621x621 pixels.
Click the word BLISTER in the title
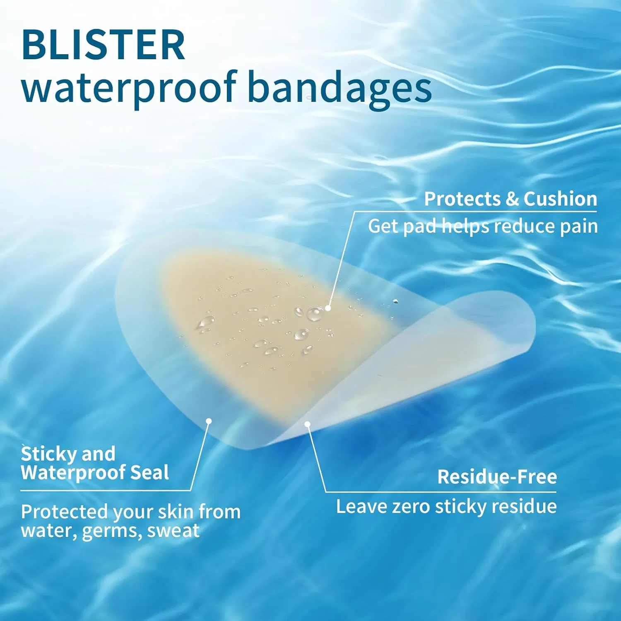pyautogui.click(x=103, y=45)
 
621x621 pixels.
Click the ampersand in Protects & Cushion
pyautogui.click(x=512, y=199)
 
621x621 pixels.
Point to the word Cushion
pyautogui.click(x=560, y=199)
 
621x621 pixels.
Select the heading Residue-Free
pyautogui.click(x=497, y=477)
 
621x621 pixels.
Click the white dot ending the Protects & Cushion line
pyautogui.click(x=328, y=308)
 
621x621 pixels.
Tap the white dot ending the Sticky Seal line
pyautogui.click(x=209, y=421)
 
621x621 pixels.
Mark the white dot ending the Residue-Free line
pyautogui.click(x=307, y=424)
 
